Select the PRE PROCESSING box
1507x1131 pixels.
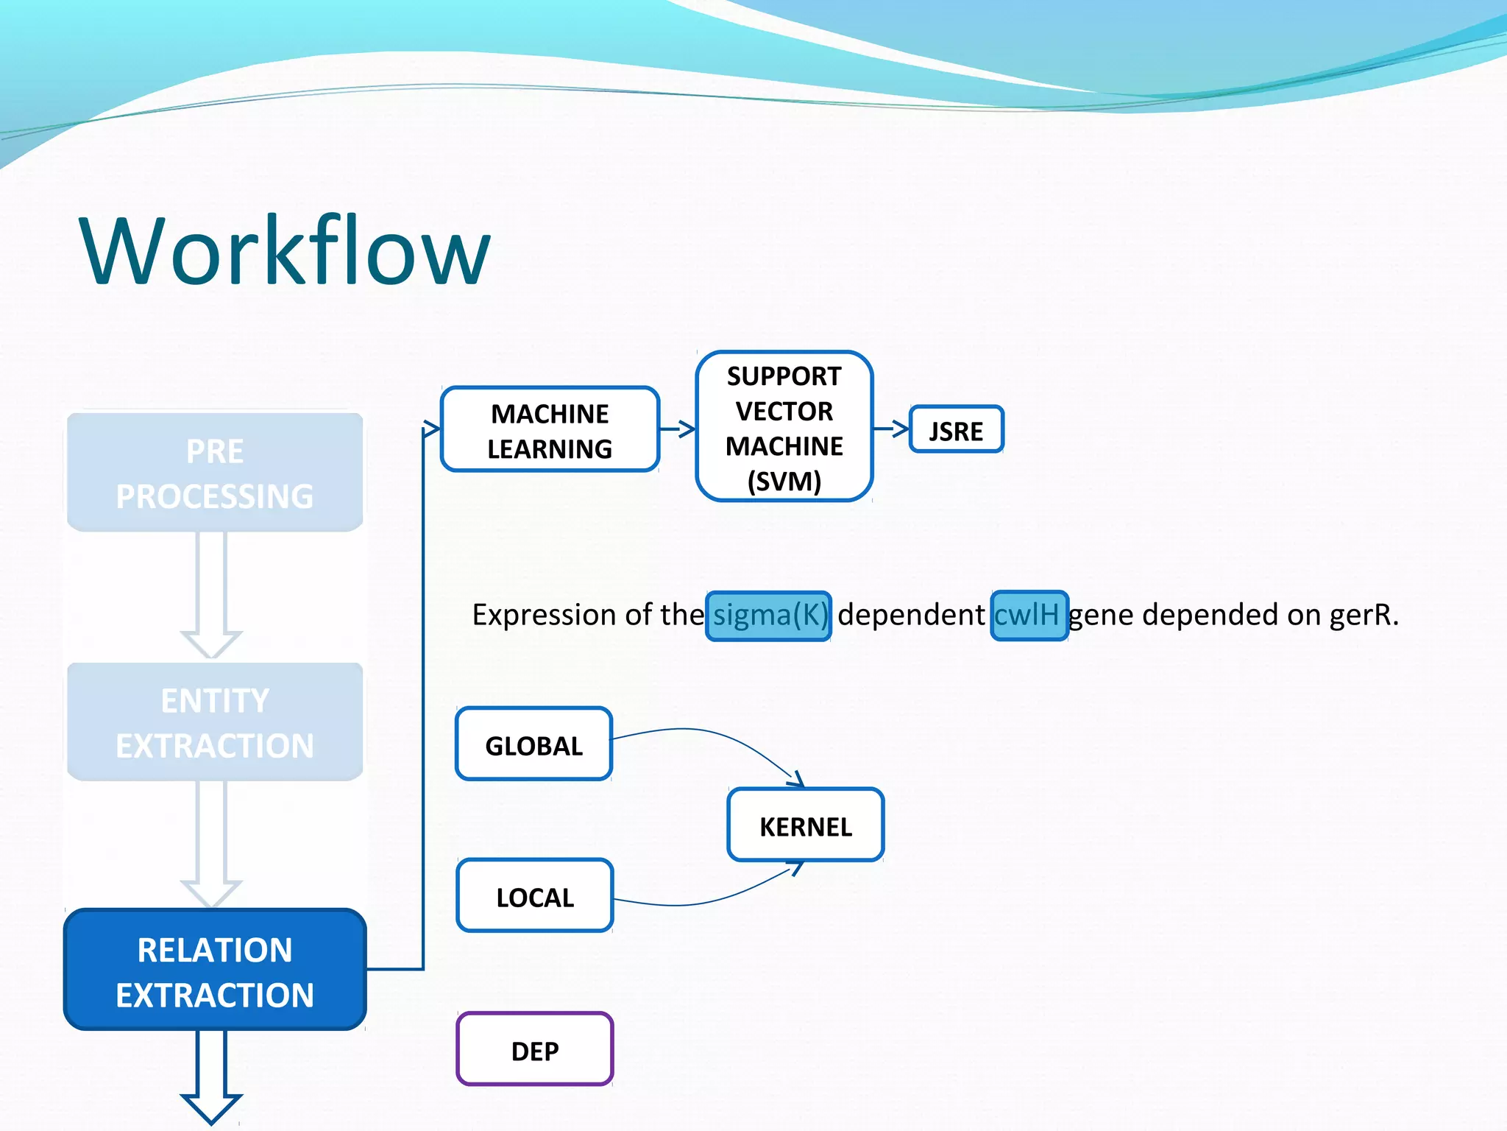tap(215, 473)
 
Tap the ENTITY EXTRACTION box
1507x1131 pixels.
tap(215, 722)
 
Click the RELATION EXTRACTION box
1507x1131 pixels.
tap(215, 971)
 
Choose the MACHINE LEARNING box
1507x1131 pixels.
tap(550, 430)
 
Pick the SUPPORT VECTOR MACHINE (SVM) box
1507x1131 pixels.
tap(784, 428)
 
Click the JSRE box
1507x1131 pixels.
tap(956, 430)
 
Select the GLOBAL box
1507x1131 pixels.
tap(533, 745)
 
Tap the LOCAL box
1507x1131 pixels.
tap(534, 897)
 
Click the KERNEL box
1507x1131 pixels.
tap(805, 825)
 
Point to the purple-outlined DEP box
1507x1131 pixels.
tap(534, 1050)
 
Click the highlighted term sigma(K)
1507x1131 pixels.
tap(769, 616)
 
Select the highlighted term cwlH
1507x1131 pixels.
tap(1029, 616)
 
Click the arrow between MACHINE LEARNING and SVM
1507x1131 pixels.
tap(678, 429)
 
